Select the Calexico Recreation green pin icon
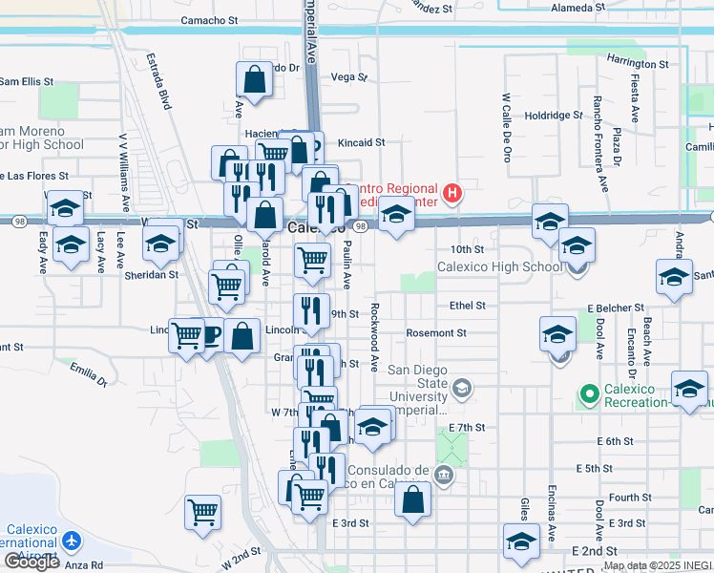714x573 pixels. tap(589, 393)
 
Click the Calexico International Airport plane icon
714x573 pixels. tap(71, 540)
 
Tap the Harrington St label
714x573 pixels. tap(637, 64)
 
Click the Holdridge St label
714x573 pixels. tap(553, 115)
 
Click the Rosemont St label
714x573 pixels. tap(434, 333)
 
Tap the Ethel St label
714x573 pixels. tap(467, 306)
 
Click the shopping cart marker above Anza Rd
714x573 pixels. tap(202, 512)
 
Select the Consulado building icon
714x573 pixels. tap(442, 475)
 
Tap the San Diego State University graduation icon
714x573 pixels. tap(462, 387)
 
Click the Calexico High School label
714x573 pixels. tap(499, 266)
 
